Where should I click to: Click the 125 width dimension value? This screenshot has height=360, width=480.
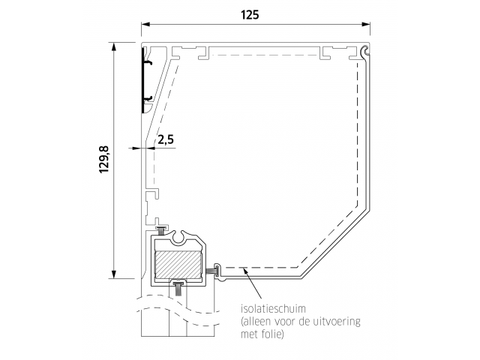coord(250,15)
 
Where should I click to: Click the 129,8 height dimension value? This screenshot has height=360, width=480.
coord(104,160)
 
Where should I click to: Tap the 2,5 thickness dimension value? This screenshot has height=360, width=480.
coord(166,139)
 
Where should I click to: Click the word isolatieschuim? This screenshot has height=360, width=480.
coord(273,308)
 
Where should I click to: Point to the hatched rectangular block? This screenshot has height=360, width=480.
coord(178,265)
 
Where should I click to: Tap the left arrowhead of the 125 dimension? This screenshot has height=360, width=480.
coord(145,25)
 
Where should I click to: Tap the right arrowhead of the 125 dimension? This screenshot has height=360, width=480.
coord(366,25)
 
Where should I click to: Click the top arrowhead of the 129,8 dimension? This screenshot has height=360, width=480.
coord(114,46)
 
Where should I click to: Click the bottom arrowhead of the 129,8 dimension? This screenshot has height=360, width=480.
coord(114,274)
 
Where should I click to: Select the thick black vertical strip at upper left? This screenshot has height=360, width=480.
coord(143,80)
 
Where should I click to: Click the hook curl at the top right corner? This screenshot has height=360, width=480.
coord(365,52)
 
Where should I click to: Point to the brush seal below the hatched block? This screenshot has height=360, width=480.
coord(178,288)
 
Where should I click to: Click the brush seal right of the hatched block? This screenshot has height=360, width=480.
coord(211,271)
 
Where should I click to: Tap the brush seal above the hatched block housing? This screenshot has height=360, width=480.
coord(161,229)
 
